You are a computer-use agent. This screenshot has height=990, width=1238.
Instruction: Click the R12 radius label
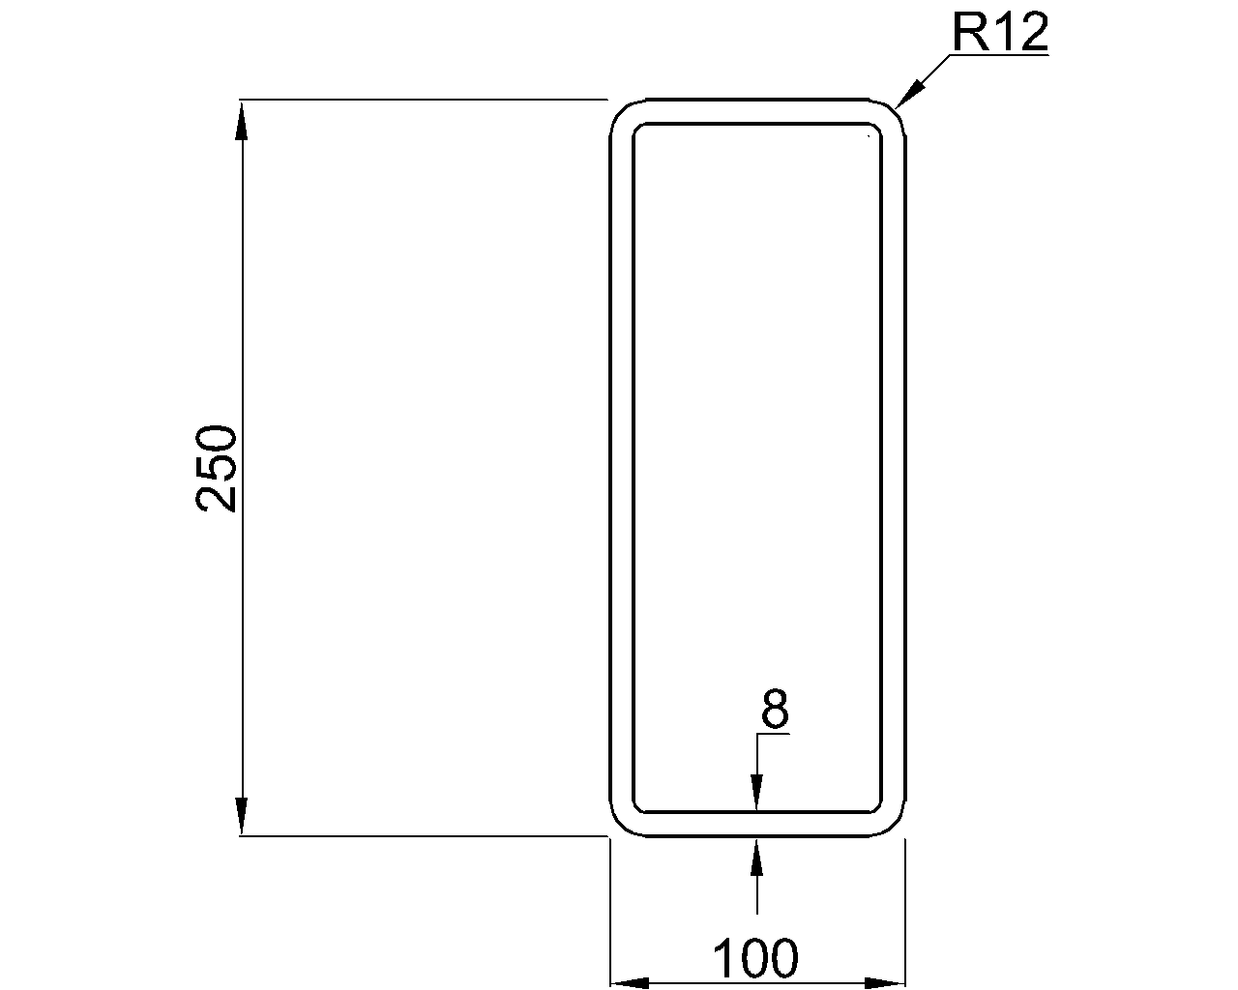pos(999,33)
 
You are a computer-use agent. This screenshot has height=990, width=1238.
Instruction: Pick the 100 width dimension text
pos(755,959)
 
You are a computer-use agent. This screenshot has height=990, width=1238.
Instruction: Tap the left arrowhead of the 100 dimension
pos(630,983)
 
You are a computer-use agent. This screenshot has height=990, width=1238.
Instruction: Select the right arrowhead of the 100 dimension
pos(885,983)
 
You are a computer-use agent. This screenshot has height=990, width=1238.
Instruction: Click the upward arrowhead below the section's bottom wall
pos(756,856)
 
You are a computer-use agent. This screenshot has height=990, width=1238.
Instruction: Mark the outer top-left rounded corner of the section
pos(619,109)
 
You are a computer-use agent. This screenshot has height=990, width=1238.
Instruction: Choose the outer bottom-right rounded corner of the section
pos(896,826)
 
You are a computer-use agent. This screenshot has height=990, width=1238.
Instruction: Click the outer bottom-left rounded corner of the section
pos(619,826)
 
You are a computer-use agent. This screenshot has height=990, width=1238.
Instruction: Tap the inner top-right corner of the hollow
pos(875,129)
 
